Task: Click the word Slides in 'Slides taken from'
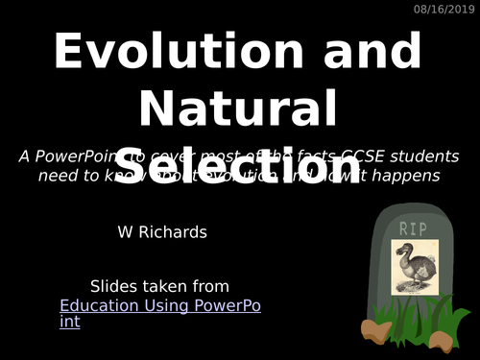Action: (112, 286)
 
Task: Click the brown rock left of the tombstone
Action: (375, 330)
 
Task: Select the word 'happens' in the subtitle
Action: (405, 176)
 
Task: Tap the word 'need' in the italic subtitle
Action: (59, 176)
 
